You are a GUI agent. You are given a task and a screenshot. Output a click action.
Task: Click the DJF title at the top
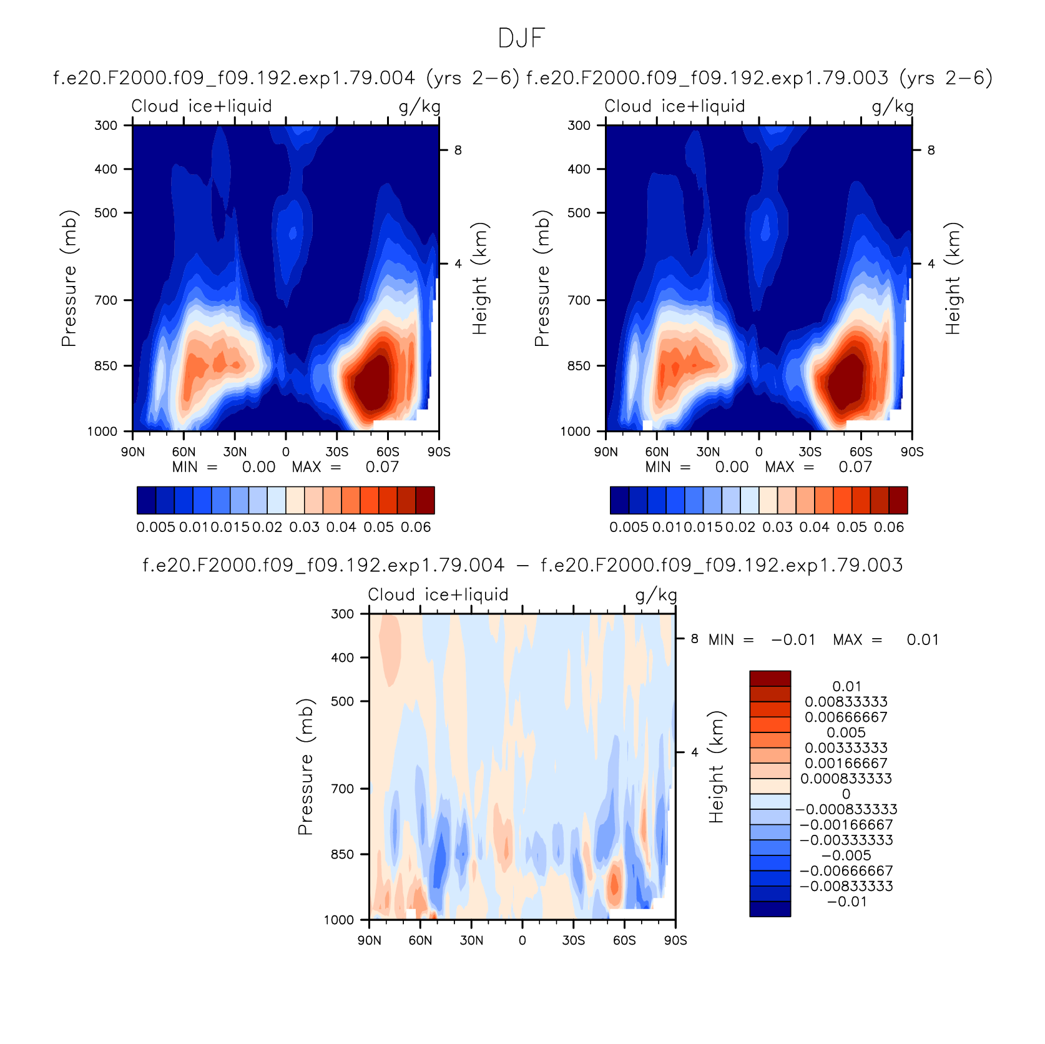pyautogui.click(x=522, y=39)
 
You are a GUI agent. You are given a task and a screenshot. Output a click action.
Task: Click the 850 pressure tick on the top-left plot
pyautogui.click(x=105, y=366)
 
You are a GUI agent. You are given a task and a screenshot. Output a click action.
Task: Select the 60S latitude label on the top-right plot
pyautogui.click(x=861, y=451)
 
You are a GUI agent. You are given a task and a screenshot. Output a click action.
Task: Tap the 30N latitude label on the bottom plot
pyautogui.click(x=471, y=940)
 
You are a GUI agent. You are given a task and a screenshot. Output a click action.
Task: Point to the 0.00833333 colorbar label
pyautogui.click(x=846, y=702)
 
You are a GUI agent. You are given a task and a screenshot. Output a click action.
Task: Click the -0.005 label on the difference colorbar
pyautogui.click(x=846, y=855)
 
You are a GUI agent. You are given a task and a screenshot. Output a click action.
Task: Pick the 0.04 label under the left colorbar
pyautogui.click(x=341, y=527)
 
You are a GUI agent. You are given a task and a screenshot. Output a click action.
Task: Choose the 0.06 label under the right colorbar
pyautogui.click(x=889, y=527)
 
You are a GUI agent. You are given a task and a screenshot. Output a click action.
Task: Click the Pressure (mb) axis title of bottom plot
pyautogui.click(x=305, y=767)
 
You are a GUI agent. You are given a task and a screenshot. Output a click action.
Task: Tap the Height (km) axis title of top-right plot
pyautogui.click(x=953, y=278)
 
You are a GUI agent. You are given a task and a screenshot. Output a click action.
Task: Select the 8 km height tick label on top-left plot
pyautogui.click(x=458, y=150)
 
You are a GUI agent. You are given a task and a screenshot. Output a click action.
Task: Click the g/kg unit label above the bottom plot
pyautogui.click(x=656, y=595)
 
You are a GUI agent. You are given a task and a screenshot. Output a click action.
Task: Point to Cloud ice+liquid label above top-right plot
pyautogui.click(x=675, y=106)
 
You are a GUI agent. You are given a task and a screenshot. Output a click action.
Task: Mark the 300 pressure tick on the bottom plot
pyautogui.click(x=342, y=614)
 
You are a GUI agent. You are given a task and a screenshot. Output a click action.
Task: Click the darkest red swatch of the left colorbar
pyautogui.click(x=425, y=500)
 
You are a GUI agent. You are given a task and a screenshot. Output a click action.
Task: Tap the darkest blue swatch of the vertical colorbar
pyautogui.click(x=770, y=909)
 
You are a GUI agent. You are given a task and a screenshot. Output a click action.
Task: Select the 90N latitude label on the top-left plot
pyautogui.click(x=132, y=451)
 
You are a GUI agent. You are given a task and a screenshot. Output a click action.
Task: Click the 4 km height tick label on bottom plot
pyautogui.click(x=695, y=752)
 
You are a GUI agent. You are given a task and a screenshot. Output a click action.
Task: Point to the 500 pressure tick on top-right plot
pyautogui.click(x=579, y=213)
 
